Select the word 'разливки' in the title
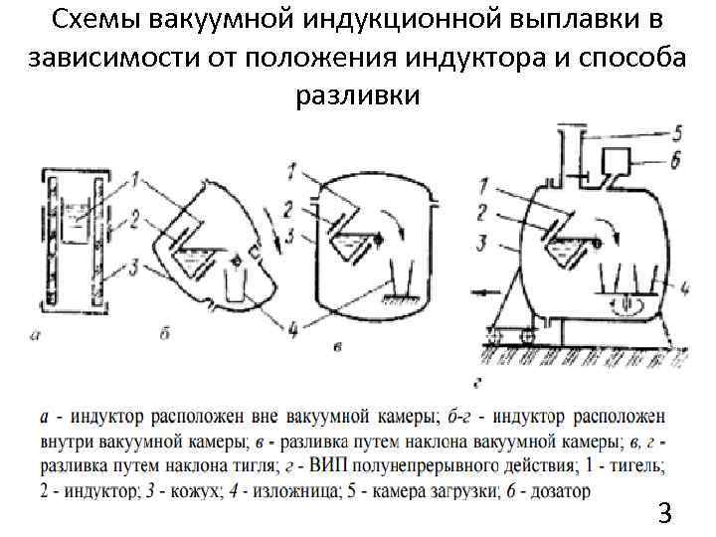pyautogui.click(x=358, y=96)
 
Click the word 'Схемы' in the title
pyautogui.click(x=89, y=22)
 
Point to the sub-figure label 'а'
pyautogui.click(x=36, y=334)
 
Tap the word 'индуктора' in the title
pyautogui.click(x=491, y=59)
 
